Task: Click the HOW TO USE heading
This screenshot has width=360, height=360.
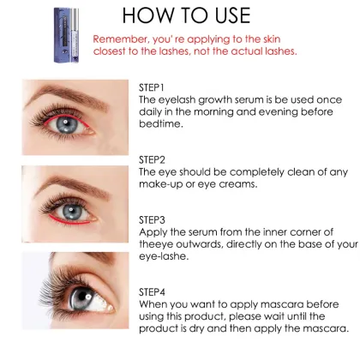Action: point(200,16)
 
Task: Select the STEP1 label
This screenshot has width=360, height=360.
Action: point(153,87)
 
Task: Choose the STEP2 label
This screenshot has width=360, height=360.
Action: point(153,159)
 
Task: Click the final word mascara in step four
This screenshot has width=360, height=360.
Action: point(325,328)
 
